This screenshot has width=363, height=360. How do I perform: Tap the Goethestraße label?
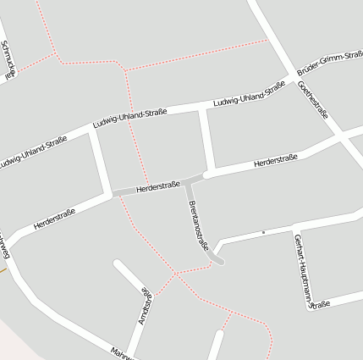click(x=312, y=101)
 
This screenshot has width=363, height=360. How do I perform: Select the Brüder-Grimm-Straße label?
click(x=329, y=65)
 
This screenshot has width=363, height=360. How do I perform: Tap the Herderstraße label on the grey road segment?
click(x=157, y=186)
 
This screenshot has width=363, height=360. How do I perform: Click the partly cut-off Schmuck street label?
click(x=8, y=58)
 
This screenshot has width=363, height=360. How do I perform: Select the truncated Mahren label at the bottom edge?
click(x=122, y=352)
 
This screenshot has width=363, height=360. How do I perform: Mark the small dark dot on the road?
click(x=263, y=231)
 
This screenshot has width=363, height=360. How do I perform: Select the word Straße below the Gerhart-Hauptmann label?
click(x=319, y=302)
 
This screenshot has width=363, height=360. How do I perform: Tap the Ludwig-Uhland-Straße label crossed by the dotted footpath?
click(x=129, y=119)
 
